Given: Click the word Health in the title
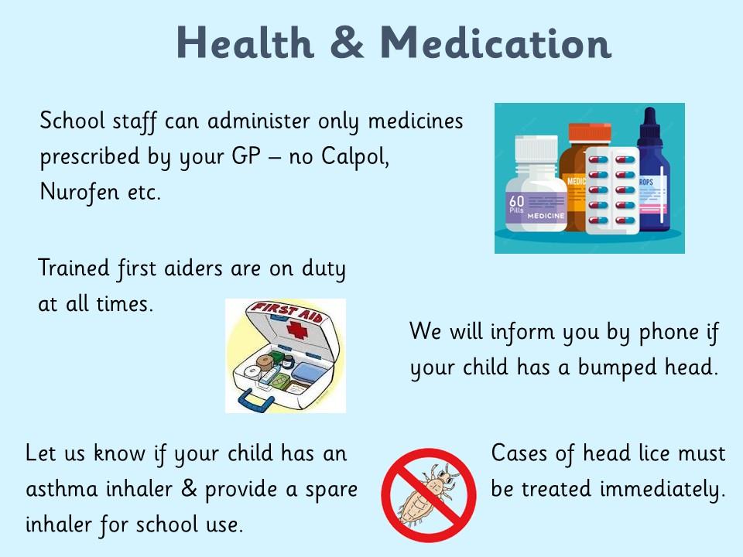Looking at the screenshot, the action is (x=245, y=43).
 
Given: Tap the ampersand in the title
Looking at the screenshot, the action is (x=347, y=43).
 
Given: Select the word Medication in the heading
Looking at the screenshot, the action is (x=495, y=43).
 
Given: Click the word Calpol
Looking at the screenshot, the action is (x=355, y=156).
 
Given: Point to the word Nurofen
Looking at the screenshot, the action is (x=79, y=192).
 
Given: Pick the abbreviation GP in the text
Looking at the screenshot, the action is (x=246, y=155).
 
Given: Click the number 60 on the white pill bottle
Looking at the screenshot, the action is (x=516, y=201).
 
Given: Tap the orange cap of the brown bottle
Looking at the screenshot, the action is (x=590, y=133).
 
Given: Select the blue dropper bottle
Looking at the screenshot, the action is (x=653, y=170).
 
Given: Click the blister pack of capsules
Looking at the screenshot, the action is (x=611, y=190).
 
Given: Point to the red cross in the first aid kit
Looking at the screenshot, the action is (x=297, y=330).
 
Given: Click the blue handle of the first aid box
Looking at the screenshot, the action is (x=256, y=402).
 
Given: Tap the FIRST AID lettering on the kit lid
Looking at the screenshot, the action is (x=286, y=312).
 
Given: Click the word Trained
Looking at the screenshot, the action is (x=74, y=268).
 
